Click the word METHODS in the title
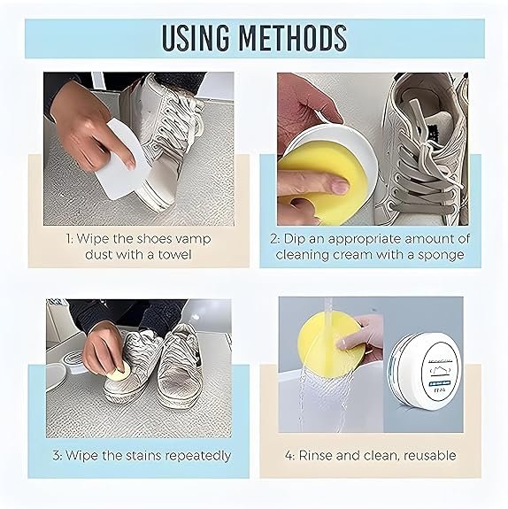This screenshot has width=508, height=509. click(295, 38)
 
